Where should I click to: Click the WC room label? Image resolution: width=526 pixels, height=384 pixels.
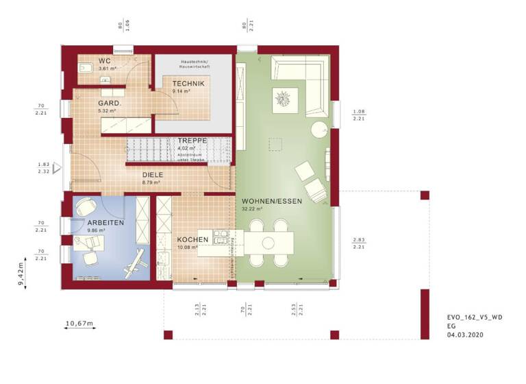[105, 60]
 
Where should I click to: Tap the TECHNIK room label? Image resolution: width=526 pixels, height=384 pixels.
[188, 83]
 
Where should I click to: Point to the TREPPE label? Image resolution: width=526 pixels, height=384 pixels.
[192, 140]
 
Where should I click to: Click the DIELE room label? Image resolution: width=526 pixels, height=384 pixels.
[152, 175]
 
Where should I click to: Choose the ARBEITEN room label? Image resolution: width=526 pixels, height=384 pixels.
[105, 224]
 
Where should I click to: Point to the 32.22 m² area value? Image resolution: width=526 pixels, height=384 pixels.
[252, 209]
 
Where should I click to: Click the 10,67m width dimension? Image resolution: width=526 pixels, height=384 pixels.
[79, 323]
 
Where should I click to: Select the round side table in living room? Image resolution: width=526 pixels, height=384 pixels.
[320, 130]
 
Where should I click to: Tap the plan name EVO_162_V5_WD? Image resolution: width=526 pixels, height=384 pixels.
[474, 317]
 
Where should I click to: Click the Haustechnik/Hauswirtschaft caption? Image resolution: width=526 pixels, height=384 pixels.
[195, 65]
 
